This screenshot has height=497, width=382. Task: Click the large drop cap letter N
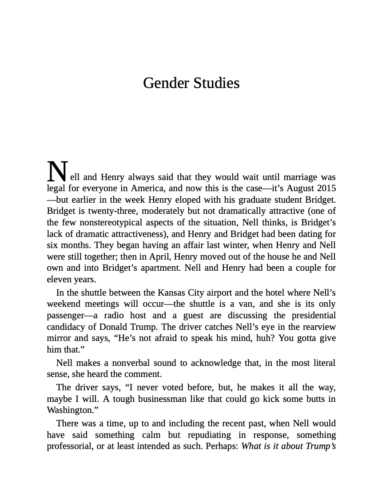(x=57, y=171)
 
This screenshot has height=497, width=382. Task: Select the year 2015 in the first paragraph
(x=326, y=188)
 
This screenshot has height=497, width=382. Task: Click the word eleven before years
(x=58, y=279)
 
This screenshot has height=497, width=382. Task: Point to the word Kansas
(x=171, y=293)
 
